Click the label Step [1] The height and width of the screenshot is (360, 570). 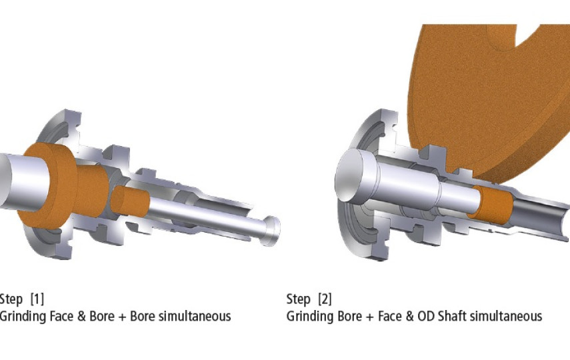(22, 299)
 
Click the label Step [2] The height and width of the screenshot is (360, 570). (309, 299)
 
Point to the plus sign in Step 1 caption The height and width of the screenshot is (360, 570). (122, 317)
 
